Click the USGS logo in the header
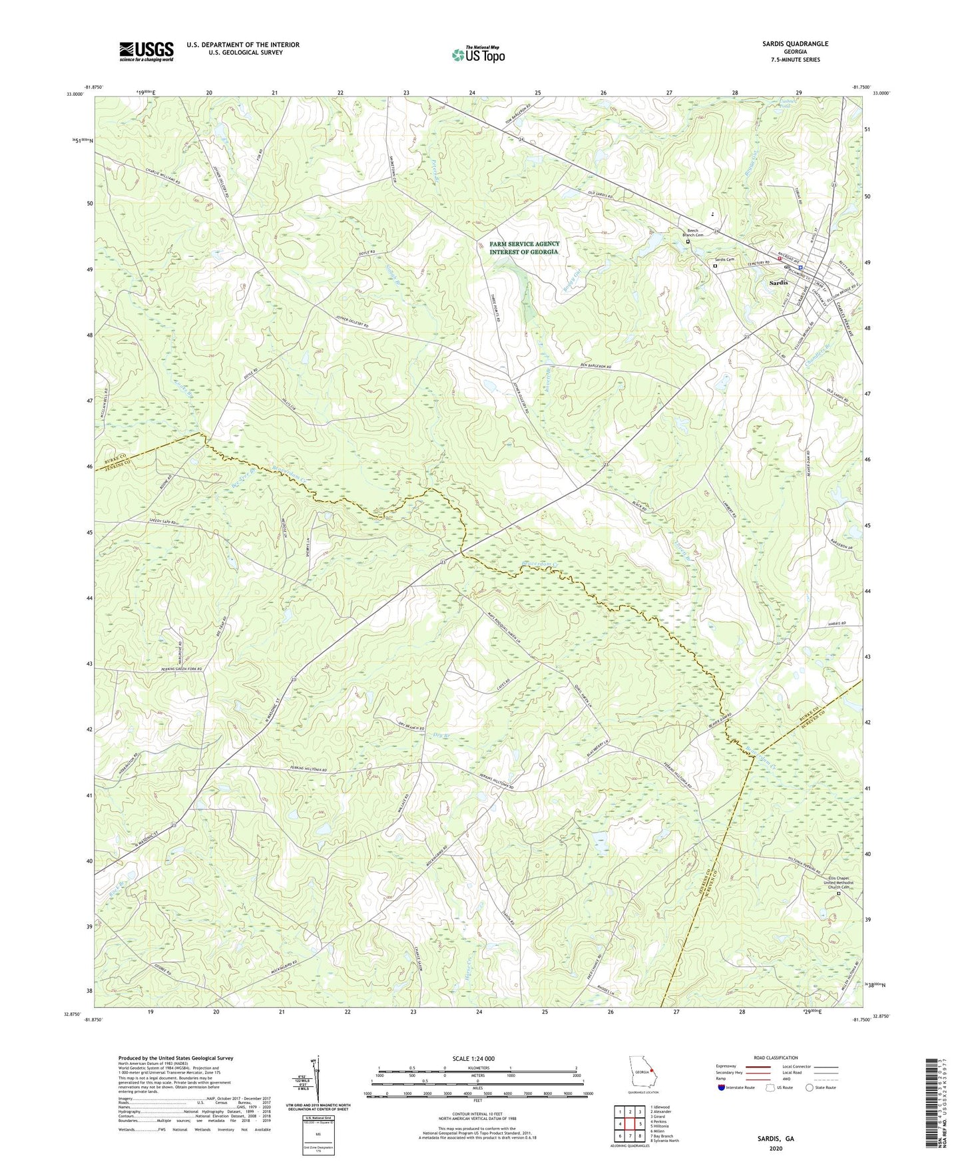pyautogui.click(x=146, y=51)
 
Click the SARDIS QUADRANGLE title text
pyautogui.click(x=795, y=43)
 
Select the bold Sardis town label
pyautogui.click(x=778, y=283)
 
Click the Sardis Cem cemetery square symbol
pyautogui.click(x=715, y=266)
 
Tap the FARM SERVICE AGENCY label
pyautogui.click(x=525, y=244)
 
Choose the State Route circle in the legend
pyautogui.click(x=809, y=1088)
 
